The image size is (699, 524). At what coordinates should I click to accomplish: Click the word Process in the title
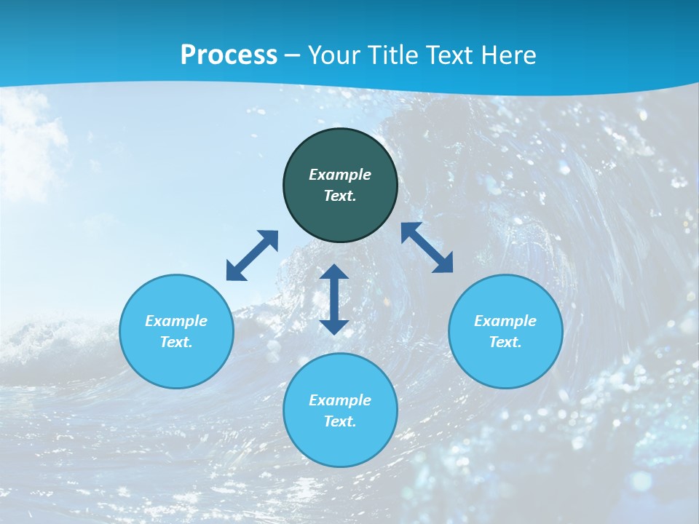(229, 55)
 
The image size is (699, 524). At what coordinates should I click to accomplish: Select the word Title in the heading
(396, 55)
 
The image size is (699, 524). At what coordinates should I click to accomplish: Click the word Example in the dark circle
(340, 175)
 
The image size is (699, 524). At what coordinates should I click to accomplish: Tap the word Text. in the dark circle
(340, 196)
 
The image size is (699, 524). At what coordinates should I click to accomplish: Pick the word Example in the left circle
(176, 321)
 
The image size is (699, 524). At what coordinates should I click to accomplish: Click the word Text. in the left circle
(176, 342)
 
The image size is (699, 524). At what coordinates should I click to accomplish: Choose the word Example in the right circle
(505, 321)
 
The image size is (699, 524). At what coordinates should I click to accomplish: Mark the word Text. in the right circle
(505, 342)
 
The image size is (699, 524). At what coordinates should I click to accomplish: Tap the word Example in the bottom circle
(340, 400)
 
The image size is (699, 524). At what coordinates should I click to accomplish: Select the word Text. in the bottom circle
(340, 421)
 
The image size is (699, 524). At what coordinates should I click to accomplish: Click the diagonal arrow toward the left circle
(252, 255)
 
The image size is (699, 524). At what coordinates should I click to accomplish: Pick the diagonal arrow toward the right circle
(427, 247)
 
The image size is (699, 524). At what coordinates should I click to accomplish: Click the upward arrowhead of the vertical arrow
(334, 272)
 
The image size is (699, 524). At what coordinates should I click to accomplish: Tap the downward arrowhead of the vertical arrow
(334, 325)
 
